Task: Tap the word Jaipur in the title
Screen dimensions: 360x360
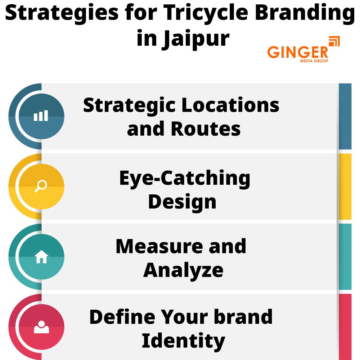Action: click(195, 38)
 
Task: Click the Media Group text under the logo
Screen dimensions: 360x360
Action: click(314, 61)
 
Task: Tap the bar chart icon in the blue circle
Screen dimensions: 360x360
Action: click(41, 116)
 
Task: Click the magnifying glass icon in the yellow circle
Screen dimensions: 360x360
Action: click(41, 186)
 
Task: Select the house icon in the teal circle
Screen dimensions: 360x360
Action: click(41, 257)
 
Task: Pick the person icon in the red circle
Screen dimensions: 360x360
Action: click(41, 327)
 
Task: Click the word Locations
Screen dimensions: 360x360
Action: click(230, 105)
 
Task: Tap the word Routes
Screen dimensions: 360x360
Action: click(206, 129)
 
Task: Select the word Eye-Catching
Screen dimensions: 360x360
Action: click(185, 178)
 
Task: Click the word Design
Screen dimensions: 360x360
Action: click(182, 202)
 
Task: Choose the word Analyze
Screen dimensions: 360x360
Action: click(183, 270)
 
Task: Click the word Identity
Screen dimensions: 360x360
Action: click(183, 341)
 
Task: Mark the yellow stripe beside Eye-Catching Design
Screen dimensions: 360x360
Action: click(345, 186)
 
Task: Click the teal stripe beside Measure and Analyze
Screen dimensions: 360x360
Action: click(345, 257)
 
